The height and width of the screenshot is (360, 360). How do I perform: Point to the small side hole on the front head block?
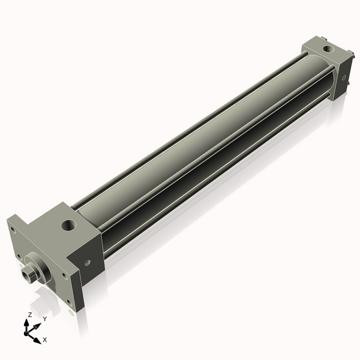click(88, 262)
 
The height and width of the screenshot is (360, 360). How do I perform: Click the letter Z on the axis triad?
click(29, 314)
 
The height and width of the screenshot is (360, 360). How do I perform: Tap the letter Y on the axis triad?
click(44, 319)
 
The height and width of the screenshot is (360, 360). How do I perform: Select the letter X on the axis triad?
click(45, 340)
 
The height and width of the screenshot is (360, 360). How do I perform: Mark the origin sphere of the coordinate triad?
click(27, 332)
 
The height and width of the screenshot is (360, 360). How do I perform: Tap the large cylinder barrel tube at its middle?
click(198, 138)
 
